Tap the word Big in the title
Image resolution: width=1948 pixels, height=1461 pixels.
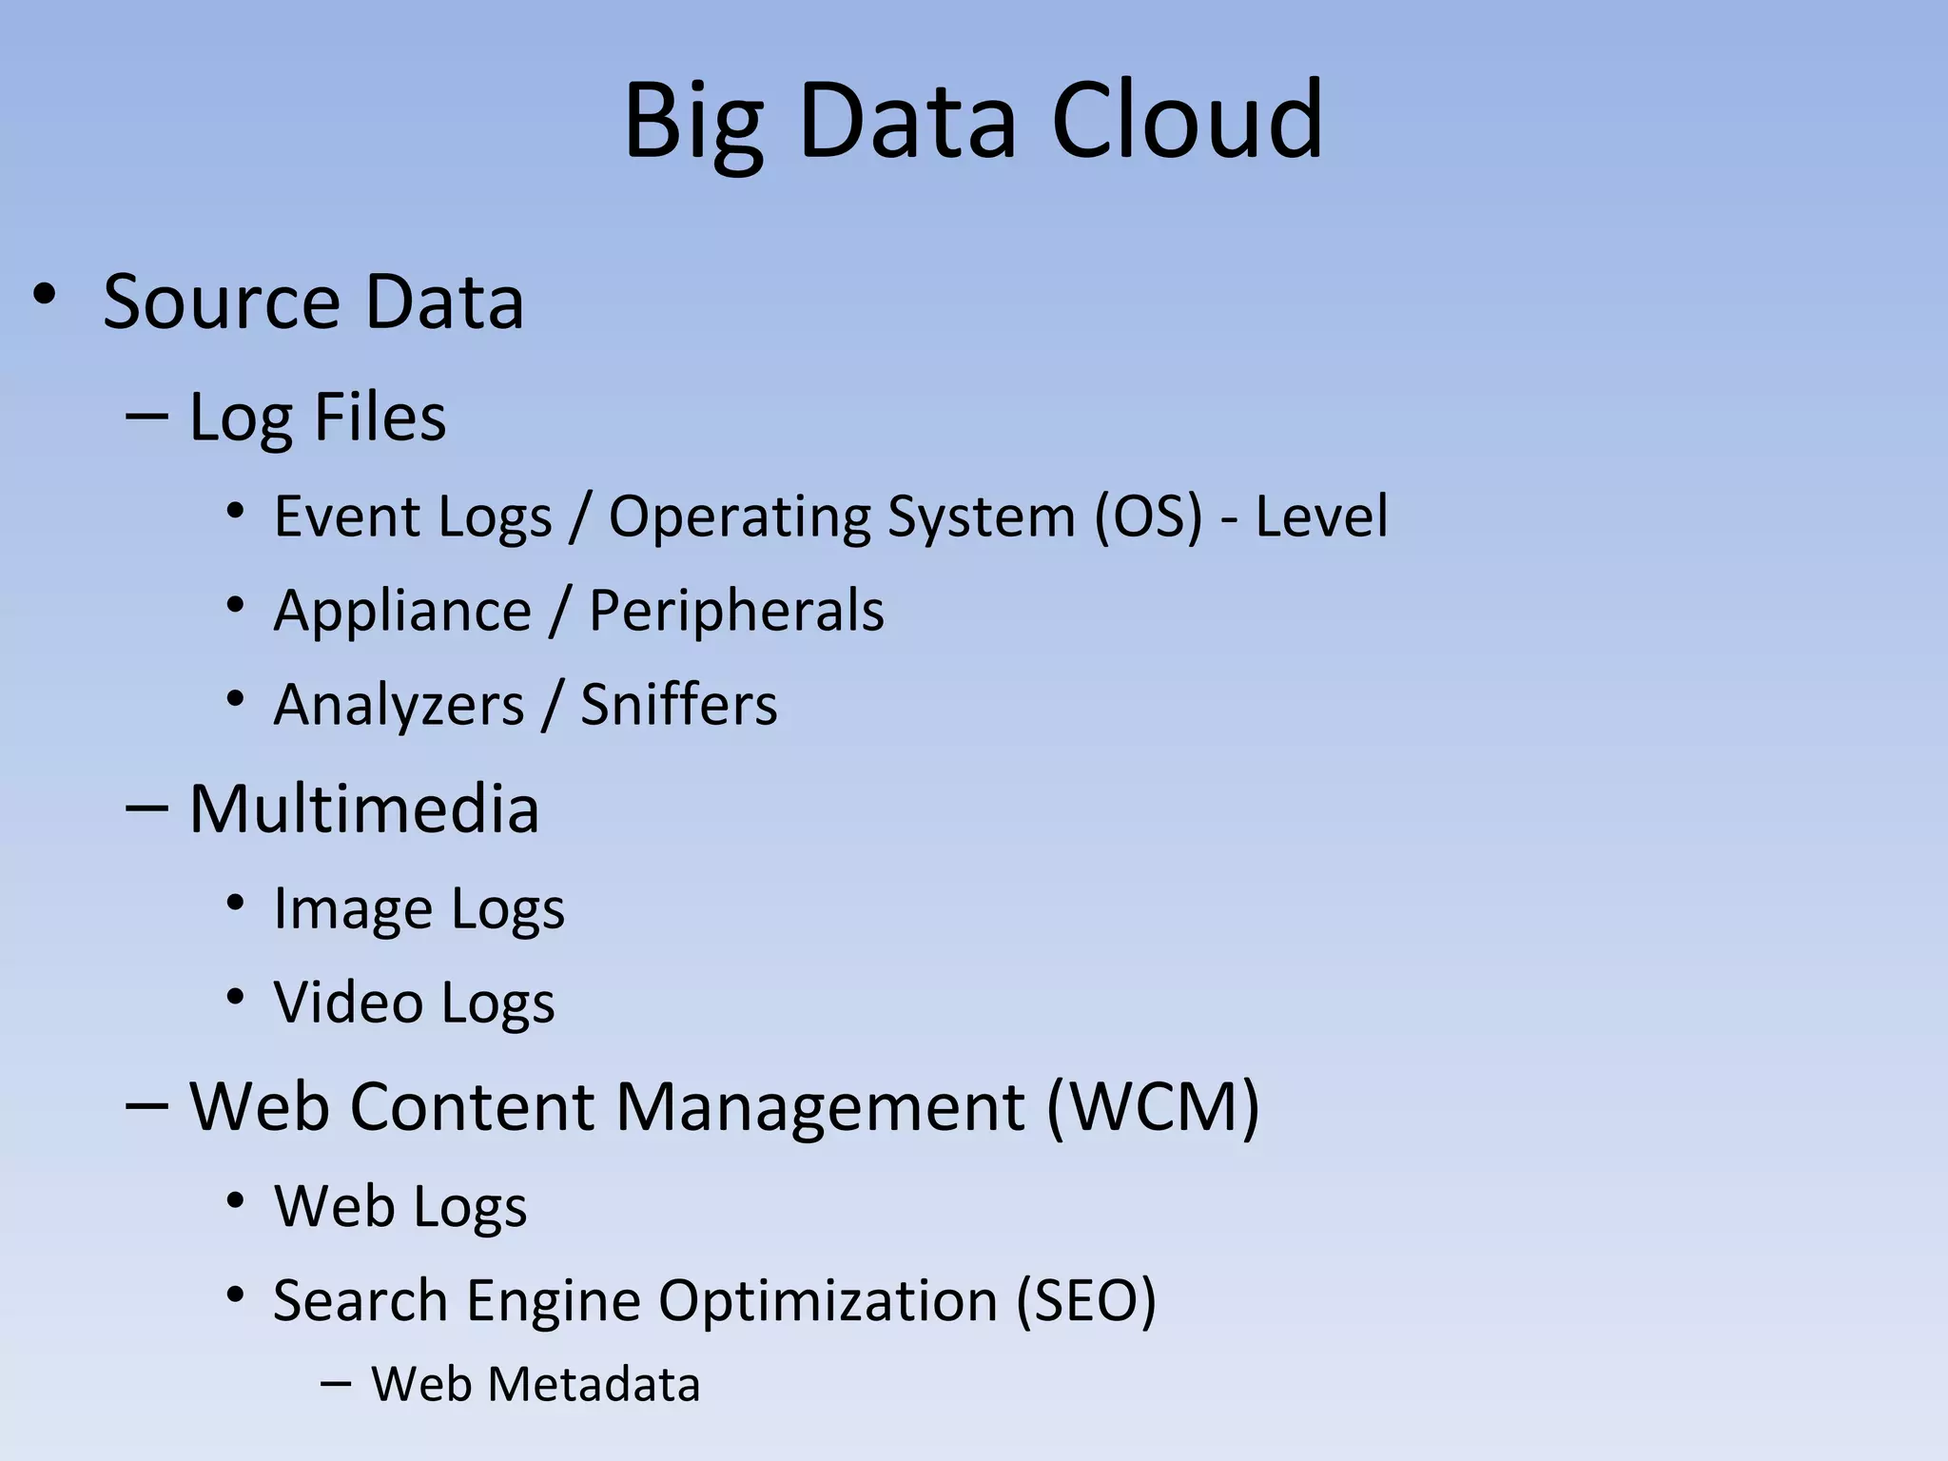(x=693, y=124)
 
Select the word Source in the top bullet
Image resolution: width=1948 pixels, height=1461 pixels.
(x=222, y=302)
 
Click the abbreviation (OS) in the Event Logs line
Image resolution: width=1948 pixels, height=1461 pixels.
(x=1148, y=516)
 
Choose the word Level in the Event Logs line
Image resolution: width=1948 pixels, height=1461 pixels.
(x=1321, y=516)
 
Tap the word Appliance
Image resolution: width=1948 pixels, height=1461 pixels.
(x=402, y=611)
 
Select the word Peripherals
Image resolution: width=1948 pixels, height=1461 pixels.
(x=736, y=611)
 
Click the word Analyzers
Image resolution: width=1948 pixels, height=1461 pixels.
(x=399, y=705)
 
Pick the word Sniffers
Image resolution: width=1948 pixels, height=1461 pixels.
(x=679, y=705)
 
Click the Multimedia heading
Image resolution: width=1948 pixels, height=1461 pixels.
(x=364, y=809)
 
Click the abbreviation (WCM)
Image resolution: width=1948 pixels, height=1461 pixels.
(x=1153, y=1106)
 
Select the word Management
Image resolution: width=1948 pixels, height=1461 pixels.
(x=820, y=1106)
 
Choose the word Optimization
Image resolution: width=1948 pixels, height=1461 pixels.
(x=828, y=1300)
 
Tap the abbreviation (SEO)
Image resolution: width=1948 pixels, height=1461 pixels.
(x=1085, y=1300)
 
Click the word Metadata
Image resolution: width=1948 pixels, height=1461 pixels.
(x=594, y=1384)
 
